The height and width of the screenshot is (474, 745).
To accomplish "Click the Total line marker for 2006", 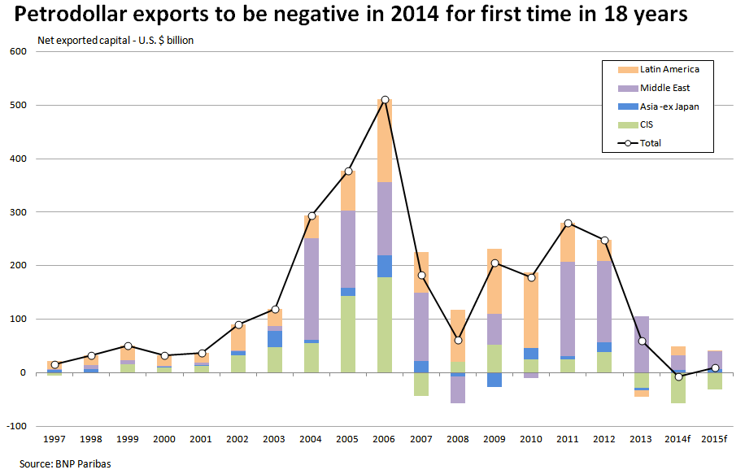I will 385,99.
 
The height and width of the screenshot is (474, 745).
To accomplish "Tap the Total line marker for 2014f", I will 678,376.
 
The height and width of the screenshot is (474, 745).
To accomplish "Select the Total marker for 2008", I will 458,340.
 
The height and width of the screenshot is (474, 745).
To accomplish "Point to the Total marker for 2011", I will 568,223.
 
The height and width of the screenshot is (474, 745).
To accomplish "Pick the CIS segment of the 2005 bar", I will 348,333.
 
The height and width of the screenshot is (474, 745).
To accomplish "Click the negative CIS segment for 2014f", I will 678,388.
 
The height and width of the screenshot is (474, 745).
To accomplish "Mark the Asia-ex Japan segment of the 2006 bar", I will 385,266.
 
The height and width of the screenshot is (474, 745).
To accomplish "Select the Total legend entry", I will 650,143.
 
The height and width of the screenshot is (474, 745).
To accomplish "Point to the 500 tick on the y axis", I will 18,106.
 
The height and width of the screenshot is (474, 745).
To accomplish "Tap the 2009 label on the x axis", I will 494,439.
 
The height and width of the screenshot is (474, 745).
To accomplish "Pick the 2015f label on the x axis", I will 715,439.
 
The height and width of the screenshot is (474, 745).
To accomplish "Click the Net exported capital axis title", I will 115,39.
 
